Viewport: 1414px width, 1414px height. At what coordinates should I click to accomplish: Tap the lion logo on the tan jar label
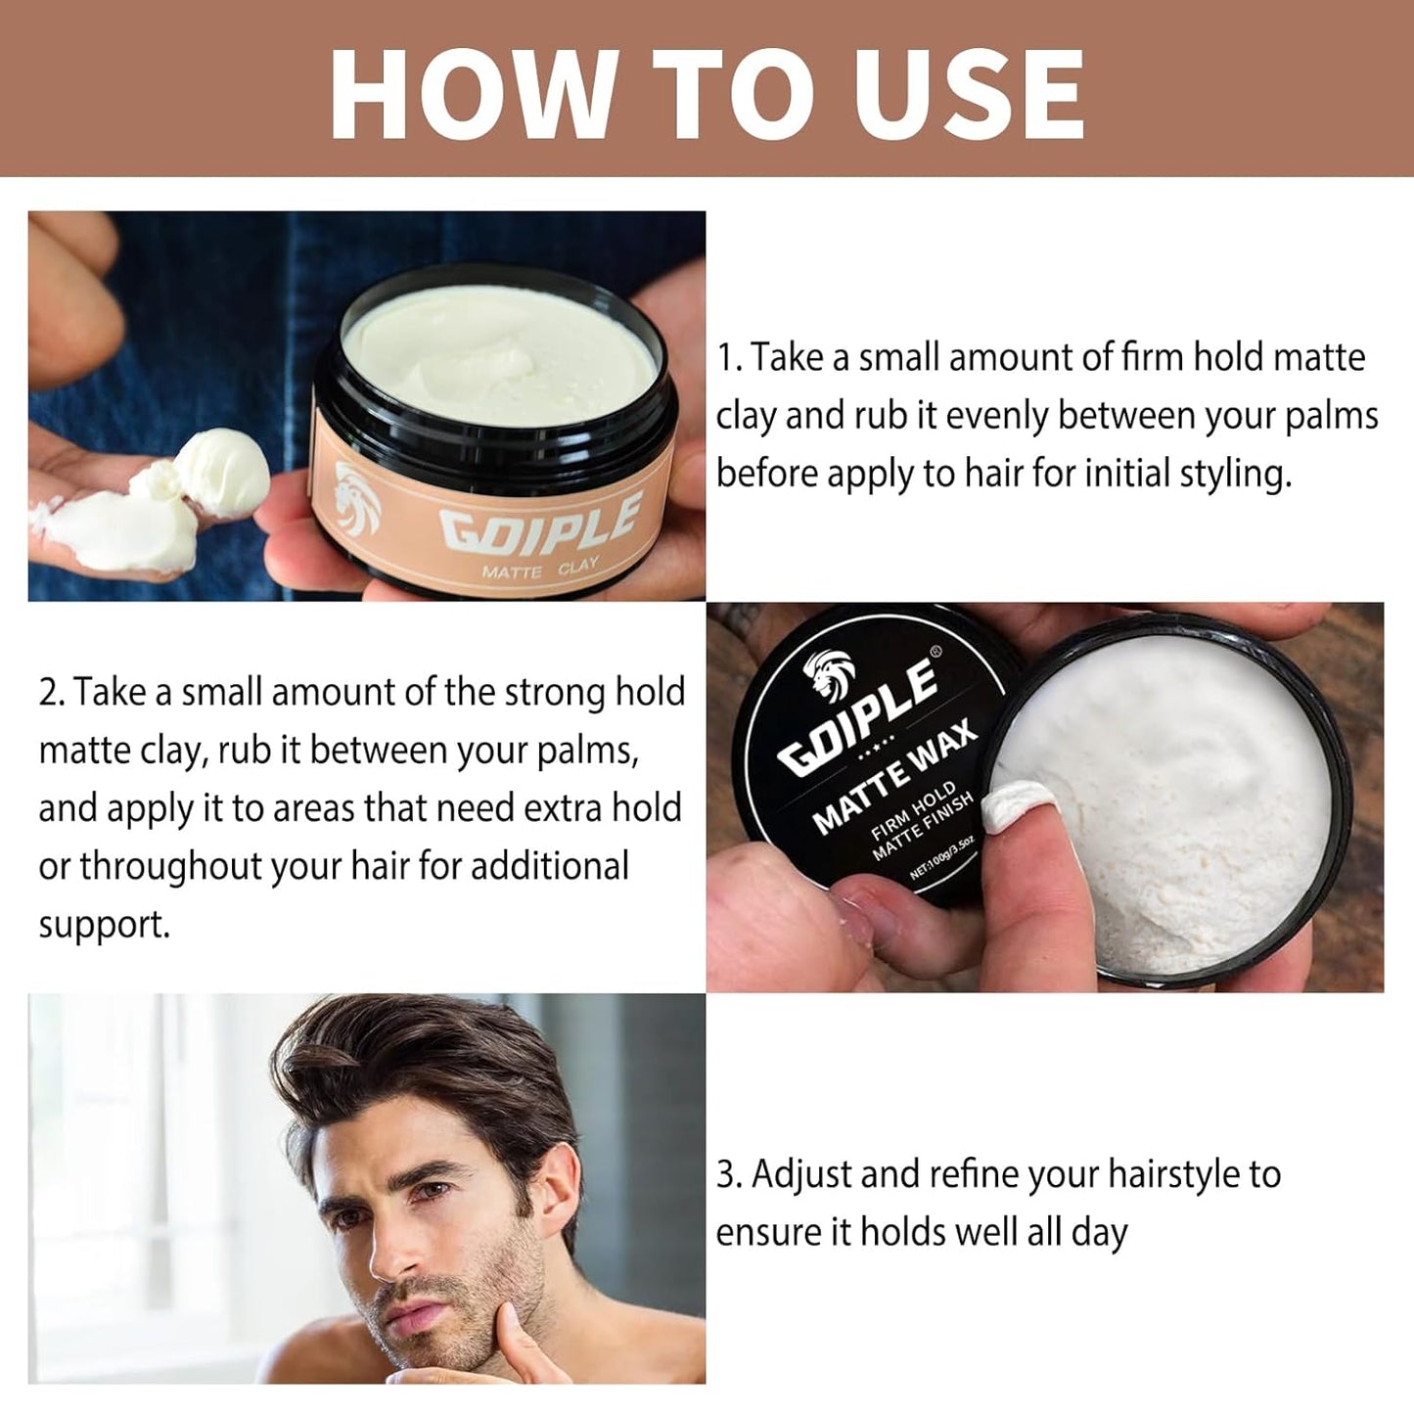(x=356, y=499)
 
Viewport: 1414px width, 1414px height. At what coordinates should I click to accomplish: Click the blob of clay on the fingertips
(x=221, y=470)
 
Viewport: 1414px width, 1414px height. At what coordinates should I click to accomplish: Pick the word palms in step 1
(x=1333, y=416)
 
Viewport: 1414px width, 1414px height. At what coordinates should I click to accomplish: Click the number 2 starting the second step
(x=49, y=693)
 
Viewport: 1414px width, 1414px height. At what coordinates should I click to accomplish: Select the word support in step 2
(x=103, y=925)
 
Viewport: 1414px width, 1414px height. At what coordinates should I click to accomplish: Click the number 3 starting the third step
(x=727, y=1174)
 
